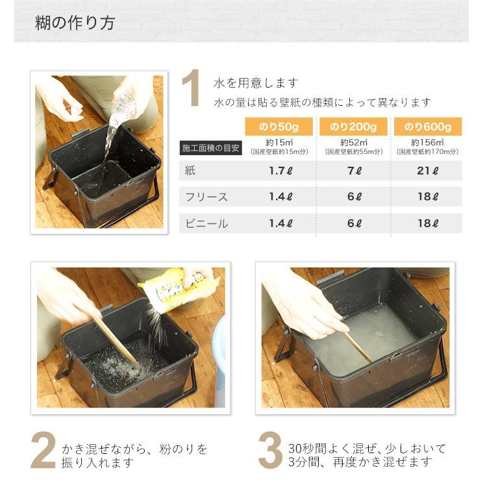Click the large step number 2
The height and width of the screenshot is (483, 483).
click(x=43, y=449)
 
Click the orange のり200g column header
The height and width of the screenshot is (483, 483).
click(x=353, y=126)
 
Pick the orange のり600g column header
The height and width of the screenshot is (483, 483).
click(x=428, y=126)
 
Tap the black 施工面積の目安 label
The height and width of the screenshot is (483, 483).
click(x=210, y=148)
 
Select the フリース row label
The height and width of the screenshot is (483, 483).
click(x=206, y=197)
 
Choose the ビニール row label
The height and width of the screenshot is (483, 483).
click(x=206, y=223)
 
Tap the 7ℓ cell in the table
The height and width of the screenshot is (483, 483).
click(x=353, y=171)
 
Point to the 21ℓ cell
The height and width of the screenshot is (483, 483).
click(x=428, y=171)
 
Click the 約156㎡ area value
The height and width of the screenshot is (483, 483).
click(x=428, y=142)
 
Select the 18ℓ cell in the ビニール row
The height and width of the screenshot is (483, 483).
click(x=428, y=223)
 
